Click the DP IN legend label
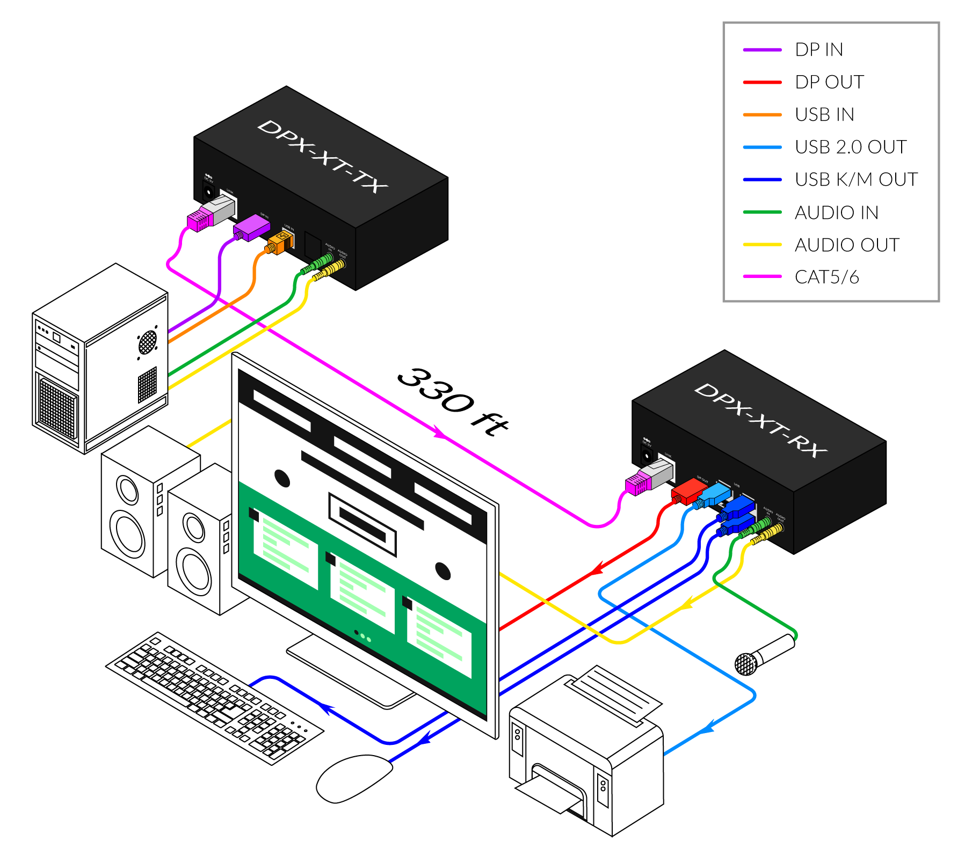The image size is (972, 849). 819,50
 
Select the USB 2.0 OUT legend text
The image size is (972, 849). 851,147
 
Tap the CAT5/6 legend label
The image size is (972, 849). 827,277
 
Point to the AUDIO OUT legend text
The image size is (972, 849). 847,245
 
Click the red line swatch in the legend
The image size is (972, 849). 762,83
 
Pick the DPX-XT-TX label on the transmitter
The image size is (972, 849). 322,156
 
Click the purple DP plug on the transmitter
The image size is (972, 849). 251,227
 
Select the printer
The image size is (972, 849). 585,751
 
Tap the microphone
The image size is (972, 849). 770,652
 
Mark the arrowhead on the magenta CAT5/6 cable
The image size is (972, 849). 439,431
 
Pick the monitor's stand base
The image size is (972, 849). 349,671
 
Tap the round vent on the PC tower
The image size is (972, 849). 147,342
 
